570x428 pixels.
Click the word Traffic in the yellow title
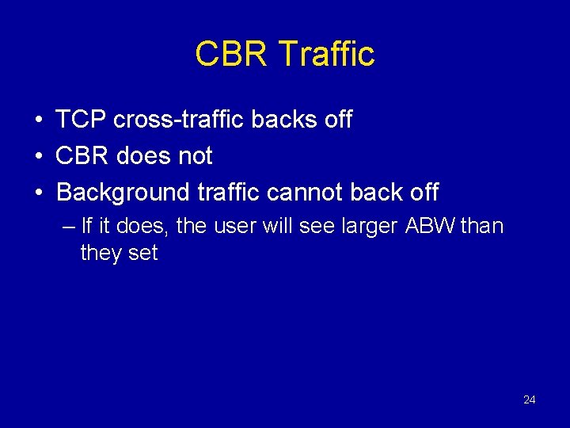pyautogui.click(x=327, y=54)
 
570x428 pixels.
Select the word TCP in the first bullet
pyautogui.click(x=82, y=120)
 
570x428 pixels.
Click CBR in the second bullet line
pyautogui.click(x=83, y=156)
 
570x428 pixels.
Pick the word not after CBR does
pyautogui.click(x=196, y=156)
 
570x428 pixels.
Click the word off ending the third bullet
pyautogui.click(x=422, y=193)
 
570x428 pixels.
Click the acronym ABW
pyautogui.click(x=430, y=227)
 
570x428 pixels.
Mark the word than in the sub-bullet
pyautogui.click(x=481, y=227)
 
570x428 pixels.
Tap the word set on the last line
pyautogui.click(x=142, y=254)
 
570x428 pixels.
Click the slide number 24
pyautogui.click(x=530, y=399)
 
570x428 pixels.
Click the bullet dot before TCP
pyautogui.click(x=38, y=120)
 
